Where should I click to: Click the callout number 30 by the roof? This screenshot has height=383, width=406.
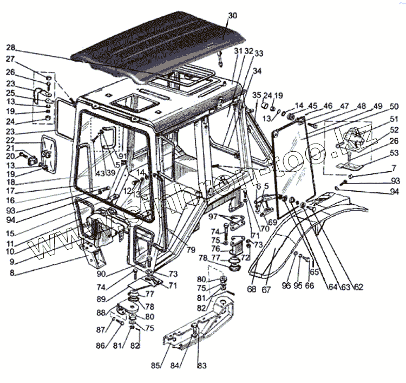tap(232, 16)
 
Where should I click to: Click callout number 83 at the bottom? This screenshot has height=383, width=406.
tap(201, 366)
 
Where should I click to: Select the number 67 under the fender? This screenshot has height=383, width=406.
tap(266, 289)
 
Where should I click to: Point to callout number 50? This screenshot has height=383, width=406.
tap(394, 106)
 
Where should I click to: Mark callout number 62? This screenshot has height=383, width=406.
tap(358, 287)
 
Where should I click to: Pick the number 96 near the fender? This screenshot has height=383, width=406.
tap(286, 285)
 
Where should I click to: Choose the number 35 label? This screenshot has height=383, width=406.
tap(257, 95)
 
